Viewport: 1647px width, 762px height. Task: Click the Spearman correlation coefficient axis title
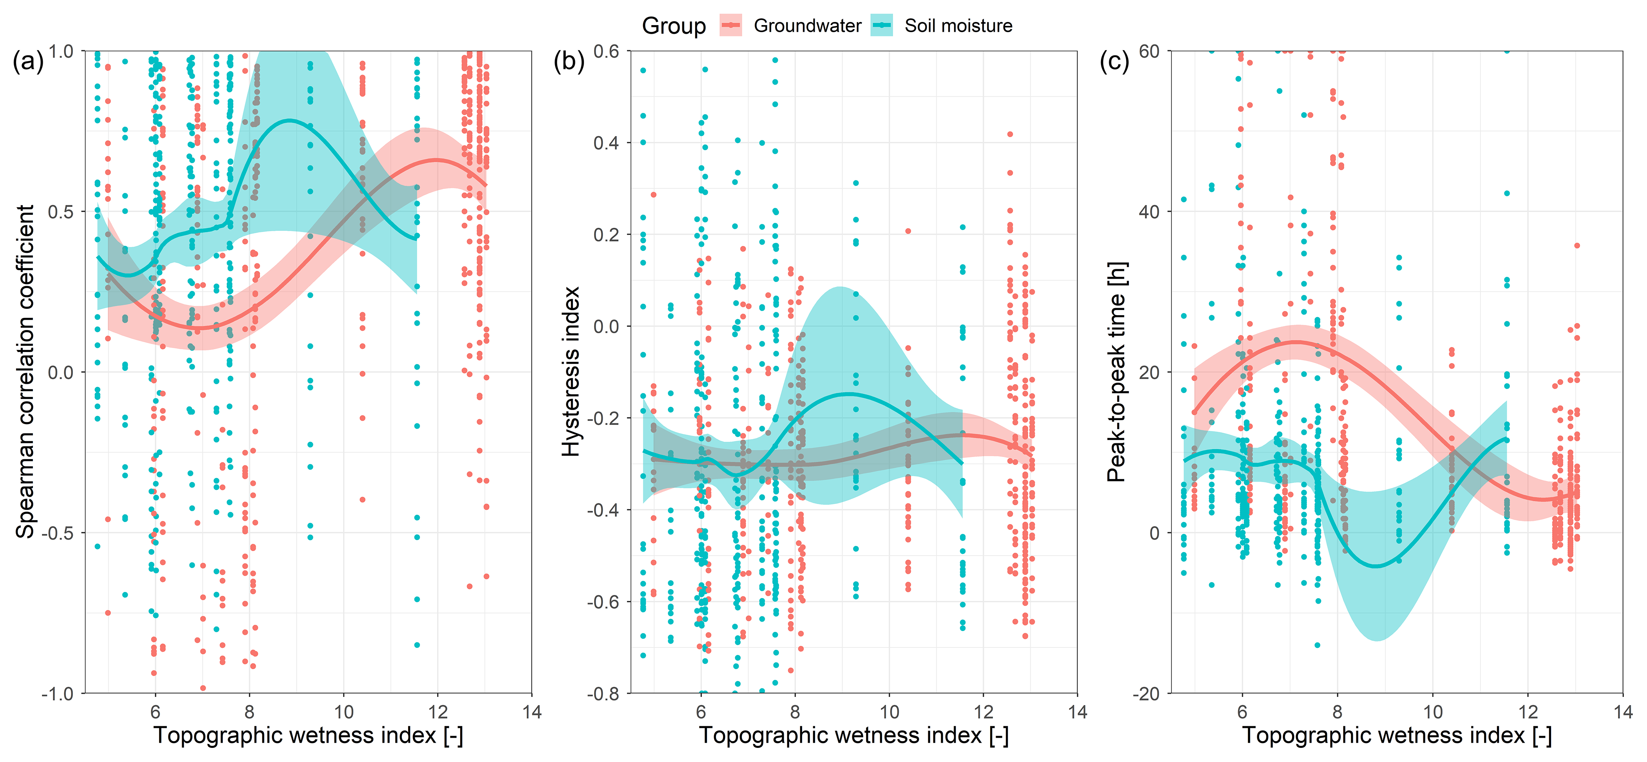(25, 371)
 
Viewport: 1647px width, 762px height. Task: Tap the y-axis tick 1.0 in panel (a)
(61, 51)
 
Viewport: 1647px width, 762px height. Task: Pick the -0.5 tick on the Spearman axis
(58, 533)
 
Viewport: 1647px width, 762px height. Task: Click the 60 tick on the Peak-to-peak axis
(1149, 51)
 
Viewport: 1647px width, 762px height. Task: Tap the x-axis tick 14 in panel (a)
(532, 712)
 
